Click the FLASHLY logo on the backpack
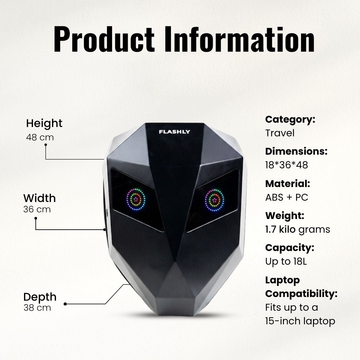click(x=174, y=132)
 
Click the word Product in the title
click(x=104, y=39)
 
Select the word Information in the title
click(x=239, y=39)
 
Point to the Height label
click(x=44, y=123)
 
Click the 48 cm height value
click(x=40, y=137)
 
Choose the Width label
click(x=39, y=198)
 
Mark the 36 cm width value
click(x=37, y=209)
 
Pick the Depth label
click(x=40, y=297)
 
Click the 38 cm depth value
click(x=37, y=308)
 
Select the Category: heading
click(x=290, y=120)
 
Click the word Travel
click(x=280, y=133)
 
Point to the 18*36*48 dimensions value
click(x=287, y=165)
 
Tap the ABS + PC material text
click(x=287, y=197)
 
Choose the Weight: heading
click(x=285, y=216)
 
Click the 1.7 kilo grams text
click(x=298, y=230)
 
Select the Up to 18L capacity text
click(x=286, y=262)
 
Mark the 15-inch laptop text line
click(x=300, y=321)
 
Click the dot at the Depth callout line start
click(x=65, y=304)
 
